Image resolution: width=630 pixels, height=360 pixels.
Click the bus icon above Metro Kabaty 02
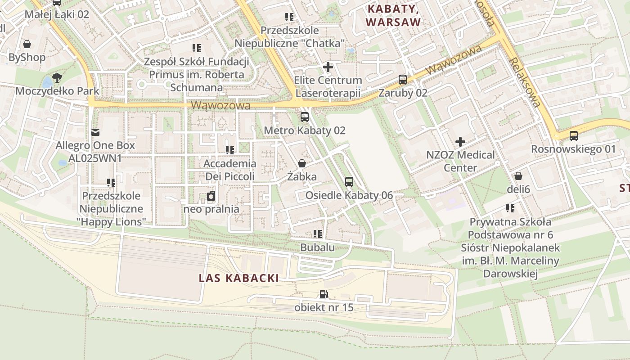[305, 117]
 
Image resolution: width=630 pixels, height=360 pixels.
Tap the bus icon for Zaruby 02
[403, 80]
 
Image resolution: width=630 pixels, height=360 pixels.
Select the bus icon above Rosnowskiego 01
[574, 135]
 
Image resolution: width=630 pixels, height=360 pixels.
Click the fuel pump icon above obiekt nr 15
[324, 294]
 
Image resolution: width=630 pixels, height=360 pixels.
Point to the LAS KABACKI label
[239, 278]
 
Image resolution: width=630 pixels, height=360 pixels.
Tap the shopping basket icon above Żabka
[302, 163]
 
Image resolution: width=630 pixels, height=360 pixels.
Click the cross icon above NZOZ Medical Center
[460, 142]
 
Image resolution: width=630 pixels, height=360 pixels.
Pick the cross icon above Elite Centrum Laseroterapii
[328, 67]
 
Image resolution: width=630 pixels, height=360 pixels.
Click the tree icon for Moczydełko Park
[57, 78]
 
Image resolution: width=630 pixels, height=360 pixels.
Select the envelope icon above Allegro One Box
[95, 132]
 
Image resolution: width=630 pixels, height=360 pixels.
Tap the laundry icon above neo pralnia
[211, 196]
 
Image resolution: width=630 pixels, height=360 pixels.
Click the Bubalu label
[317, 247]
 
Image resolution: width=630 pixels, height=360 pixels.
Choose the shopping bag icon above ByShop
[27, 44]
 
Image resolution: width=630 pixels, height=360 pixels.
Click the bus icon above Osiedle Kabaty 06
[349, 182]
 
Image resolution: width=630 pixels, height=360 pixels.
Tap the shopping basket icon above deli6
[518, 176]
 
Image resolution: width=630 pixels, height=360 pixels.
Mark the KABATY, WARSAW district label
[393, 15]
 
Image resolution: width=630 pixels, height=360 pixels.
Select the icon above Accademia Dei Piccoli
[230, 150]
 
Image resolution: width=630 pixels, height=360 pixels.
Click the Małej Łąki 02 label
[57, 14]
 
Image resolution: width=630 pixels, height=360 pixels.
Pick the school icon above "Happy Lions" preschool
[111, 183]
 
